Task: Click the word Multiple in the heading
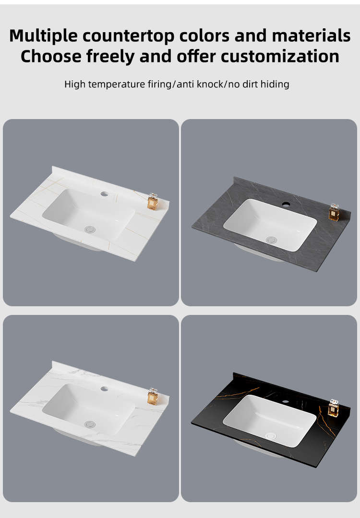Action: tap(44, 36)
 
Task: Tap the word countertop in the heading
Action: tap(129, 36)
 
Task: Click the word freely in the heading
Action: tap(111, 57)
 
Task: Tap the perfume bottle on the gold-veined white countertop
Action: tap(153, 202)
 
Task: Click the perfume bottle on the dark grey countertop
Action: tap(334, 212)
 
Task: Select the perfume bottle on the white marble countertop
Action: tap(153, 397)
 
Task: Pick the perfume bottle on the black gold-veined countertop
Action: tap(334, 408)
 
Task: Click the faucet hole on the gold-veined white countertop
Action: tap(104, 194)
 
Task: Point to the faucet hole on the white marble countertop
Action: tap(104, 389)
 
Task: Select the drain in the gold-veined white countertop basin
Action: tap(90, 229)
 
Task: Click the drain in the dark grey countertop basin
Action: tap(271, 240)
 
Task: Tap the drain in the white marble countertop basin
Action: tap(90, 424)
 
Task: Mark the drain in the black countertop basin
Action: tap(271, 436)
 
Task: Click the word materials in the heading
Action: tap(311, 36)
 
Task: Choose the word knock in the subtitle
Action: tap(210, 84)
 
